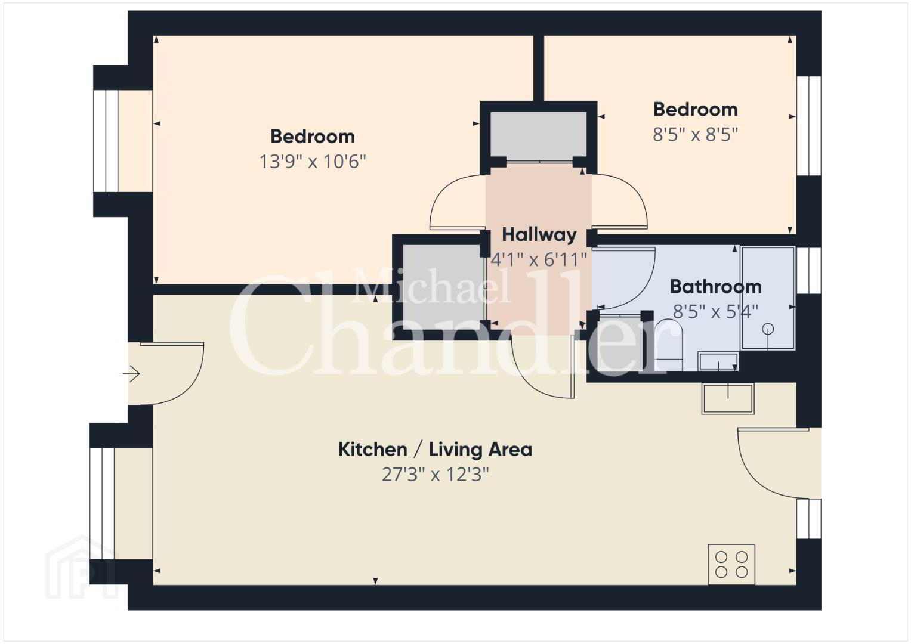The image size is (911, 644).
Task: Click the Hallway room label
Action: pos(539,235)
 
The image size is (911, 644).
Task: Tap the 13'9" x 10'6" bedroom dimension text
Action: pos(313,162)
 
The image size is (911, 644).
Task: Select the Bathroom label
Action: pos(715,287)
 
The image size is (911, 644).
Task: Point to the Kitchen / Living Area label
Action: pos(435,450)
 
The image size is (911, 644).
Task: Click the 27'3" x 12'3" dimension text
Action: pos(435,475)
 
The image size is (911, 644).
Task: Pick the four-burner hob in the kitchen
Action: pos(731,564)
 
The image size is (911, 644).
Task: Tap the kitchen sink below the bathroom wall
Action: pos(728,398)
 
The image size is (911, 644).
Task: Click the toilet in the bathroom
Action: pos(668,345)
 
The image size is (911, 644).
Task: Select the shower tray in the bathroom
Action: pos(768,298)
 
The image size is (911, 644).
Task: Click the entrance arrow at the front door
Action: pos(131,374)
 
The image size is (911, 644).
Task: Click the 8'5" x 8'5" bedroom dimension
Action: pos(695,134)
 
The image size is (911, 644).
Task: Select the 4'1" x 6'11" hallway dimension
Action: pos(539,259)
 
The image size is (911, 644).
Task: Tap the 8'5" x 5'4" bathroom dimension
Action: pos(715,312)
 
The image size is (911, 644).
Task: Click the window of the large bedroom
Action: pos(106,141)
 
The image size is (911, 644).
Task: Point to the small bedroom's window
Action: pos(809,126)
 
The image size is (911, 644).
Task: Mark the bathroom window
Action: pos(809,270)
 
